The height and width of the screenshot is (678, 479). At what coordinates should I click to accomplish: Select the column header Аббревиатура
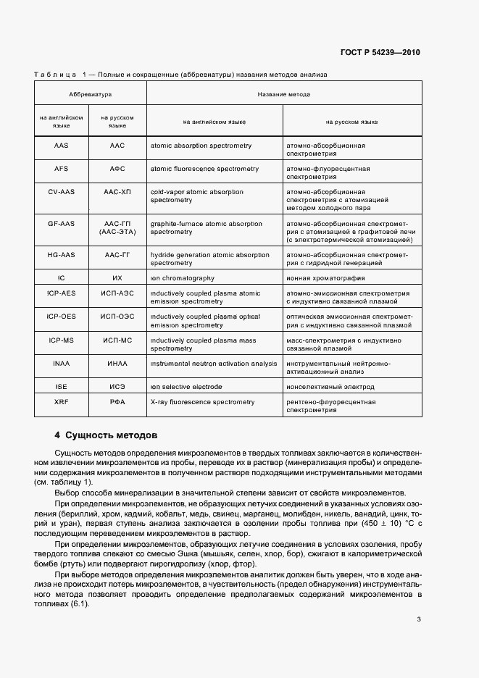click(x=90, y=95)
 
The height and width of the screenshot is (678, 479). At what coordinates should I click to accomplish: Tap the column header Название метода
click(x=284, y=95)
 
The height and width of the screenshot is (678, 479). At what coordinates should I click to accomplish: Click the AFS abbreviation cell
click(x=61, y=169)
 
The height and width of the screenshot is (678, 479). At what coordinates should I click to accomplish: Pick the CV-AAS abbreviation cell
click(x=61, y=192)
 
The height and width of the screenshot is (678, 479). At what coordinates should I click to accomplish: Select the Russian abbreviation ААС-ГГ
click(x=117, y=255)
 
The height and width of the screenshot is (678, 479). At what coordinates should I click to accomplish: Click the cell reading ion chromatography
click(x=182, y=278)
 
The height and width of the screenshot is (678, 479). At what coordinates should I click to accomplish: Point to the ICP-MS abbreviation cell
click(x=61, y=340)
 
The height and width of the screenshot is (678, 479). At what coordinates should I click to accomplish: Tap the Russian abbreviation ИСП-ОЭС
click(x=117, y=317)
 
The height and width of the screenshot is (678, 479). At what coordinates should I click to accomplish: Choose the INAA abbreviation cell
click(x=61, y=363)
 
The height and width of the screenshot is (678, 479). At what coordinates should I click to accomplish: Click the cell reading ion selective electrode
click(x=186, y=387)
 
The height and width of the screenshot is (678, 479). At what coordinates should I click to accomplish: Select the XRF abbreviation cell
click(x=61, y=401)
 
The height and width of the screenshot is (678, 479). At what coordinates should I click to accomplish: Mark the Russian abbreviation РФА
click(x=117, y=401)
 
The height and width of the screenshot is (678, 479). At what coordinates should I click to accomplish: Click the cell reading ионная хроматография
click(x=324, y=278)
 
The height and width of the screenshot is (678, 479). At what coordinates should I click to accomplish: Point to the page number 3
click(x=419, y=619)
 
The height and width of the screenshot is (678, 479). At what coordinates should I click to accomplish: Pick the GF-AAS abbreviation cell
click(x=61, y=224)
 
